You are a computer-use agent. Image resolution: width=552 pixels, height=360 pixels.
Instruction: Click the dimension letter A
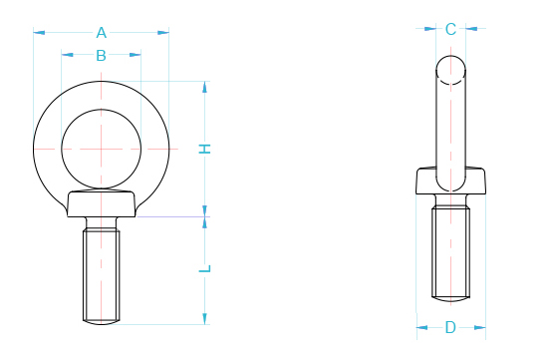click(101, 32)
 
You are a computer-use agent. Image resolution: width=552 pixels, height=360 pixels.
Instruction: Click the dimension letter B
click(101, 57)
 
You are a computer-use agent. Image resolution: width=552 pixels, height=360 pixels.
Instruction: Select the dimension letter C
click(450, 29)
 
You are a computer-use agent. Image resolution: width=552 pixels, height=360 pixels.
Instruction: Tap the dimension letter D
click(450, 327)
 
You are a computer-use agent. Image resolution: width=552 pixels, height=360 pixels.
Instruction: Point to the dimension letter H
click(205, 149)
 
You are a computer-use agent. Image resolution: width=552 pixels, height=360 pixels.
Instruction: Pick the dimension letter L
click(205, 268)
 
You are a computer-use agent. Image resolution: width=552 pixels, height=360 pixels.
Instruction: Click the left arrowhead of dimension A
click(39, 33)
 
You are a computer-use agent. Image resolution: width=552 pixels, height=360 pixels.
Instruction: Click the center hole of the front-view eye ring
click(101, 147)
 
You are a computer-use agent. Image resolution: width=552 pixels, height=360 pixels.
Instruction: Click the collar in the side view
click(450, 182)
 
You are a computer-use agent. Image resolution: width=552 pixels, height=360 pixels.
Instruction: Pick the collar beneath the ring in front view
click(101, 203)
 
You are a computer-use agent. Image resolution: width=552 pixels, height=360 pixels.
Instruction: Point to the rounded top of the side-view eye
click(450, 68)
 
